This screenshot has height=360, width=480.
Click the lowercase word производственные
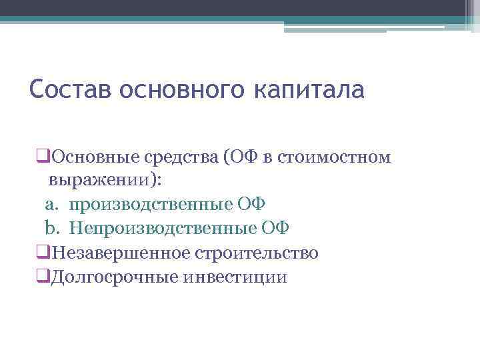[x=151, y=205]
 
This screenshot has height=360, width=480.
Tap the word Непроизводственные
[x=162, y=229]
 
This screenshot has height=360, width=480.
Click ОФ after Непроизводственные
[x=275, y=229]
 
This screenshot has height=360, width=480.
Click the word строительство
[x=255, y=253]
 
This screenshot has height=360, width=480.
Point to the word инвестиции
[x=233, y=277]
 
